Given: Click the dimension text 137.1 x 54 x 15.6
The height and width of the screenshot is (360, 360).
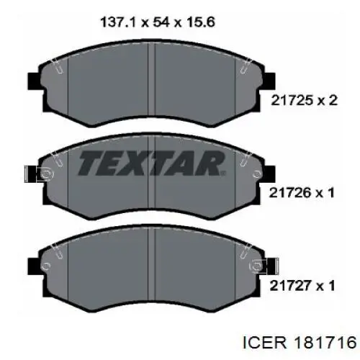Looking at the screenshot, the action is (x=158, y=23).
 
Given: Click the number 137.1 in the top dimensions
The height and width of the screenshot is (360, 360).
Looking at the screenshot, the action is (x=118, y=23).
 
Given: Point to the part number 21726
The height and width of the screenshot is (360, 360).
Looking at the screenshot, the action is (x=290, y=193).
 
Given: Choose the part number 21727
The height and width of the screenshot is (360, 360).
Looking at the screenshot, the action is (x=290, y=286).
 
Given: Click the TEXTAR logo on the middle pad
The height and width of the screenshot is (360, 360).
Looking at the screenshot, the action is (x=151, y=163).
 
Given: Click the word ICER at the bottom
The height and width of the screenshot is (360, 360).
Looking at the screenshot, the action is (x=265, y=343).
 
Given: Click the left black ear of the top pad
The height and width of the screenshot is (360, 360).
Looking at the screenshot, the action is (x=35, y=80).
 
